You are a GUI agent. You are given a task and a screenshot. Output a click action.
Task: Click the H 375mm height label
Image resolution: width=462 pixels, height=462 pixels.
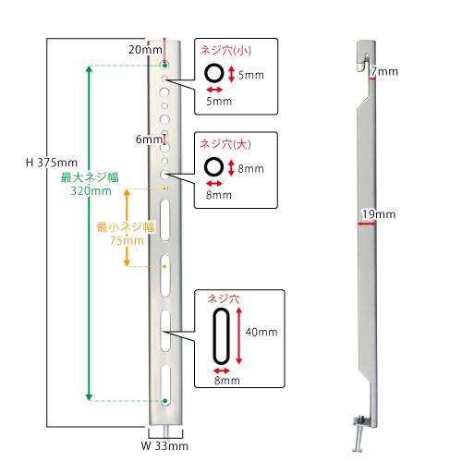coord(52,163)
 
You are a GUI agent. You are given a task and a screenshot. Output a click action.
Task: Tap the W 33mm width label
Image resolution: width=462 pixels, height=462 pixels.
coord(164,445)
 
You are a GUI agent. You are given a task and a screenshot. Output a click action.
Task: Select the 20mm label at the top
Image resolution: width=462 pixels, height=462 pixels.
coord(145,50)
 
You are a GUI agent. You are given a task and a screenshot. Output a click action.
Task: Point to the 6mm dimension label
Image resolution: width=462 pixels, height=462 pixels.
coord(149,140)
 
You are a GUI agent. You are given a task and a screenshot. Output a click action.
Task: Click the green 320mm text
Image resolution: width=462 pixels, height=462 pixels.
coord(91,191)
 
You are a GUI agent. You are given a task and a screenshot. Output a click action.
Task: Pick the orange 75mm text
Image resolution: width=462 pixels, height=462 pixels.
coord(127,240)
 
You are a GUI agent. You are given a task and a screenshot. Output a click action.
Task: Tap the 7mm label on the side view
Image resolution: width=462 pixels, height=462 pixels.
coord(384,71)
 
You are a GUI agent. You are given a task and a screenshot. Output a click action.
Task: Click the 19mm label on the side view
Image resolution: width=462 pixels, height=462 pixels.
coord(379,214)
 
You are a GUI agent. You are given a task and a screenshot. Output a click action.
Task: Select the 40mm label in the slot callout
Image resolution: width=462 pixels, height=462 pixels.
coord(261,332)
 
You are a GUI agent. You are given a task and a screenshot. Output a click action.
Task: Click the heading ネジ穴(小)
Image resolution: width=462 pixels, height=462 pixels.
coord(225,50)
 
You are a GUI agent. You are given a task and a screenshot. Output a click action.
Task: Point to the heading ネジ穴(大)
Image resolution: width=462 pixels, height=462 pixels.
coord(225,144)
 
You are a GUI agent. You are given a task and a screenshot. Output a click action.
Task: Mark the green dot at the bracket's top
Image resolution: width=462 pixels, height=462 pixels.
coord(165,66)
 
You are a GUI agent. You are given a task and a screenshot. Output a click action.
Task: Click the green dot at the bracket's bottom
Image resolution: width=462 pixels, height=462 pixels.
coord(164,401)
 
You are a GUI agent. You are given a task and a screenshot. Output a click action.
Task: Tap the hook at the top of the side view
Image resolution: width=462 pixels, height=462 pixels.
coord(366,56)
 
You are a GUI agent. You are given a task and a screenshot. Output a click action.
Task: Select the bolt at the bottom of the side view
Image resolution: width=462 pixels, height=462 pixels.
coord(359,434)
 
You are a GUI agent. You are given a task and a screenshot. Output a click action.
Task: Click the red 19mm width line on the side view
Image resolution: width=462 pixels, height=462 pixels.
coord(367,224)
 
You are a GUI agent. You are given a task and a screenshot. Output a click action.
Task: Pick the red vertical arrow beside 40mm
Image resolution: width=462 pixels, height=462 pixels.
coord(239,336)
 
